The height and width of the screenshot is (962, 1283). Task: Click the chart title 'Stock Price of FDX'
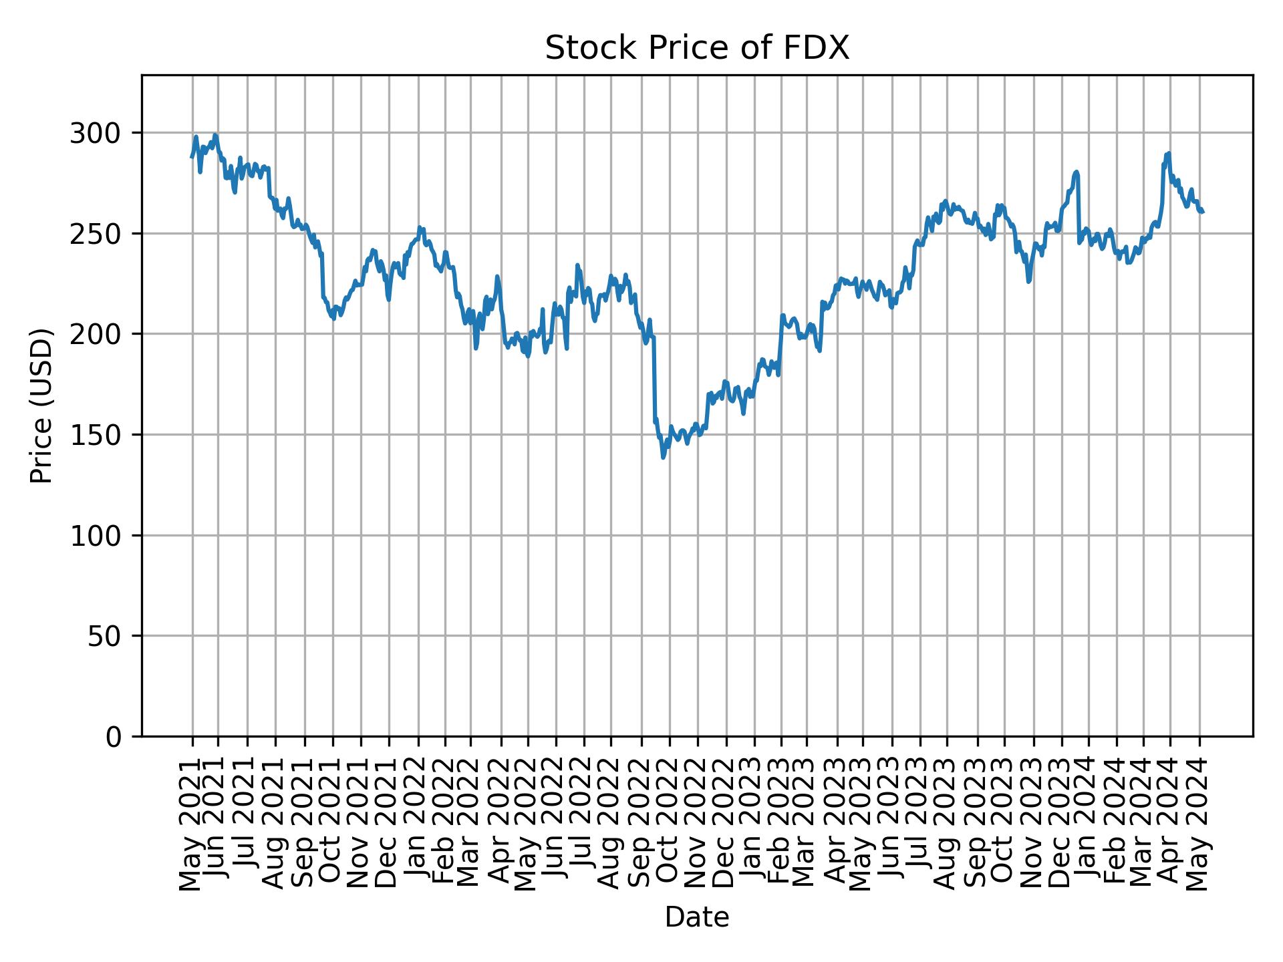click(697, 48)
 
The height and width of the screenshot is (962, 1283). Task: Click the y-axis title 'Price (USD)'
click(41, 406)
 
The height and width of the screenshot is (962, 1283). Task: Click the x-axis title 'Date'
click(697, 917)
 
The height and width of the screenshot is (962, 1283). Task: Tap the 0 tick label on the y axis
click(114, 737)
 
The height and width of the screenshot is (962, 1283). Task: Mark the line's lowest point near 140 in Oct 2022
click(663, 458)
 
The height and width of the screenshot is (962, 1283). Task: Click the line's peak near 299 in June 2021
click(215, 135)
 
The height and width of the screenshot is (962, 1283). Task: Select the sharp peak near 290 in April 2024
click(1168, 153)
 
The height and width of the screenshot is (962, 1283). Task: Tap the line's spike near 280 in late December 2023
click(1076, 172)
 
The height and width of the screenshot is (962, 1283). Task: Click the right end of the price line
click(1202, 212)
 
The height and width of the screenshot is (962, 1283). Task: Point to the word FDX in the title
click(821, 48)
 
